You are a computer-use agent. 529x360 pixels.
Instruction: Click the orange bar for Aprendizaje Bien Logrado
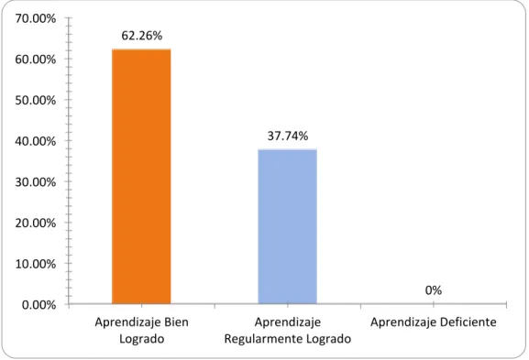(x=141, y=176)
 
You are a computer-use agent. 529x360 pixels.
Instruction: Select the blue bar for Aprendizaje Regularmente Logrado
(x=288, y=226)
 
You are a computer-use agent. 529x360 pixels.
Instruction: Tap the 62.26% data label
(x=142, y=36)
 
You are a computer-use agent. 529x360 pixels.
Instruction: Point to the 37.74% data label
(x=288, y=136)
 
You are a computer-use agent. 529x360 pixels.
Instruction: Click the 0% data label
(x=434, y=290)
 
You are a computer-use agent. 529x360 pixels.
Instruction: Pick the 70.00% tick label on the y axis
(x=36, y=18)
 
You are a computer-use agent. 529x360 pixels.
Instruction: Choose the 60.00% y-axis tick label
(x=36, y=60)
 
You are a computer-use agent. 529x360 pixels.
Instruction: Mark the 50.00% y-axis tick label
(x=36, y=100)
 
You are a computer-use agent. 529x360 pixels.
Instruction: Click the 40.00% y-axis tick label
(x=36, y=141)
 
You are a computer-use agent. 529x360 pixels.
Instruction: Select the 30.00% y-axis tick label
(x=36, y=182)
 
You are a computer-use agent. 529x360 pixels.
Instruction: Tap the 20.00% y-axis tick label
(x=36, y=223)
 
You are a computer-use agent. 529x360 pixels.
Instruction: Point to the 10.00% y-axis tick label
(x=36, y=264)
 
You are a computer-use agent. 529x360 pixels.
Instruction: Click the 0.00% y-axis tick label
(x=39, y=305)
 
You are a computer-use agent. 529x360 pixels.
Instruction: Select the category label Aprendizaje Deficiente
(x=434, y=322)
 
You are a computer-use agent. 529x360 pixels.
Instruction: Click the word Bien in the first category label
(x=176, y=322)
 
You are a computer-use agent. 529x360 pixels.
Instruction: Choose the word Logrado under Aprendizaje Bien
(x=142, y=339)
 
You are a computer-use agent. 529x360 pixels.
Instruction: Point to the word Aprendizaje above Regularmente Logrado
(x=288, y=322)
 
